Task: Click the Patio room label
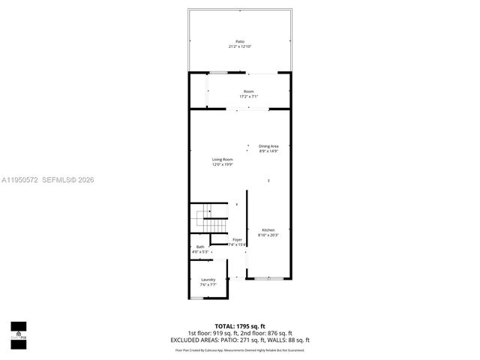[240, 41]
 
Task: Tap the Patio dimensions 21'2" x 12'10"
[240, 46]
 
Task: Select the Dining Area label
[268, 146]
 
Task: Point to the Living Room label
[222, 159]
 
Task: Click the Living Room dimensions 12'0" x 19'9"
[222, 164]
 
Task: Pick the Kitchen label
[268, 229]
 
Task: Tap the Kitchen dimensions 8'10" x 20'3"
[268, 235]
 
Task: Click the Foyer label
[236, 239]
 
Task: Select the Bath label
[200, 247]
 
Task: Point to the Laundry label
[208, 280]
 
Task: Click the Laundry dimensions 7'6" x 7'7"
[208, 285]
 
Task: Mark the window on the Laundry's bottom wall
[196, 298]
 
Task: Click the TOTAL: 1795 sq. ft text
[240, 326]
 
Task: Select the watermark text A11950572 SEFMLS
[47, 180]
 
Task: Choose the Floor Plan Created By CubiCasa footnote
[240, 349]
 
